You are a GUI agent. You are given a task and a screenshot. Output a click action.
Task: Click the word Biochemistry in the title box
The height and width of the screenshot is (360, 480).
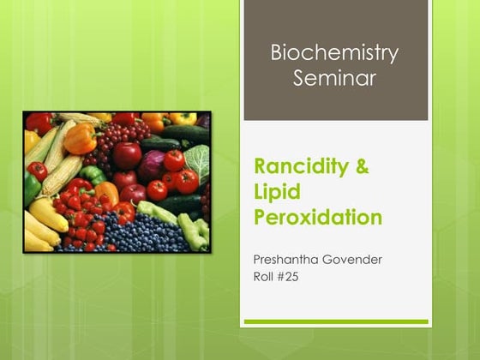[x=334, y=53]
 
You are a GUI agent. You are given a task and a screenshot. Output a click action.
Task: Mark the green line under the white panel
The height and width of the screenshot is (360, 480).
[x=335, y=321]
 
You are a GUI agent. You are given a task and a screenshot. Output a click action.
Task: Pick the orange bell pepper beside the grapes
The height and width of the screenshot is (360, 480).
[x=80, y=138]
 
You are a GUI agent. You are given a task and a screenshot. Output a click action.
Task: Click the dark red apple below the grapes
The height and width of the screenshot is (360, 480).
[x=127, y=155]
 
